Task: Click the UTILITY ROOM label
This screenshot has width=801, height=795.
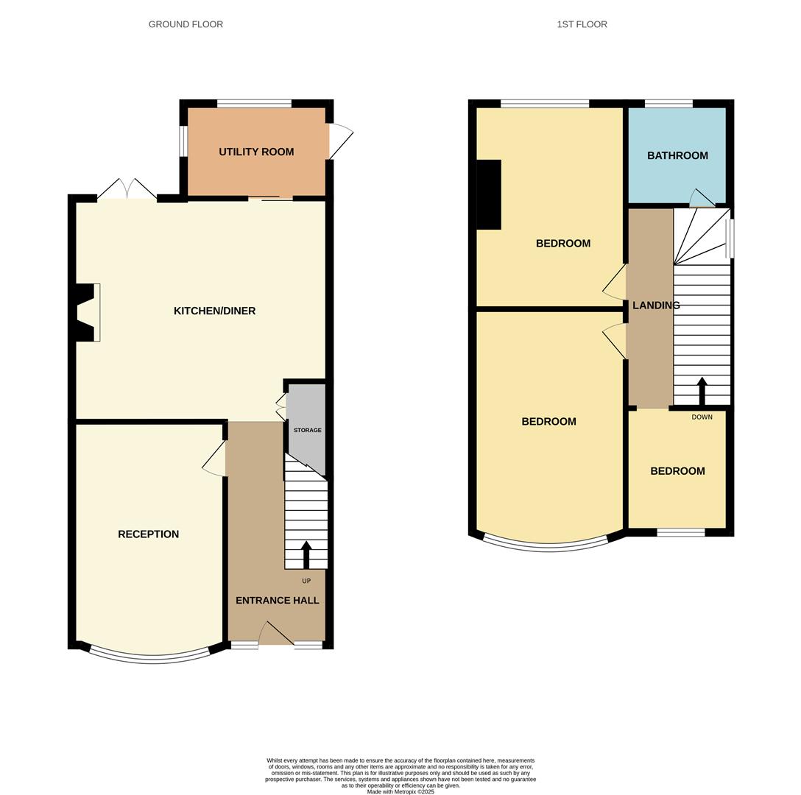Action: pos(256,152)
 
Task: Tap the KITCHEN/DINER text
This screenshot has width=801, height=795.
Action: pos(214,311)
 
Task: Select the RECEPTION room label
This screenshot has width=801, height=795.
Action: pos(148,534)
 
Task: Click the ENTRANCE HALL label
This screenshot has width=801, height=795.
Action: pos(277,601)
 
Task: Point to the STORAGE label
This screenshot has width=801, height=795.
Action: pos(307,430)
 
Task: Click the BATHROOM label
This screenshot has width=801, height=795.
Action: pos(677,156)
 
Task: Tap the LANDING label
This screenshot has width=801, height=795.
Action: pos(655,305)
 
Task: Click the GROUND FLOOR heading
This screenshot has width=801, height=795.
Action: pos(186,24)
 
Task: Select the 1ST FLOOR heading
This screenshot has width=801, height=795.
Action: pos(582,24)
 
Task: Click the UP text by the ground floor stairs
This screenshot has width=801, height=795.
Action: pos(306,581)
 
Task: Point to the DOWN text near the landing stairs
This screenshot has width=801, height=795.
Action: pos(702,417)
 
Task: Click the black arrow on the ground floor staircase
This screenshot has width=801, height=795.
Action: pos(306,554)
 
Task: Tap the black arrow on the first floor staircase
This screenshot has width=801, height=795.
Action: pos(702,390)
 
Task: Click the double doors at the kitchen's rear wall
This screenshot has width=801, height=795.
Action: pos(127,190)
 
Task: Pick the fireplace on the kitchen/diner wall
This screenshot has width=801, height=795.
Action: pos(88,313)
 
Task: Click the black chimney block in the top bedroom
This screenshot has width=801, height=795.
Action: pos(489,195)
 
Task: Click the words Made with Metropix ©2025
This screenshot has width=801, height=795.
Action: pos(400,792)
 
